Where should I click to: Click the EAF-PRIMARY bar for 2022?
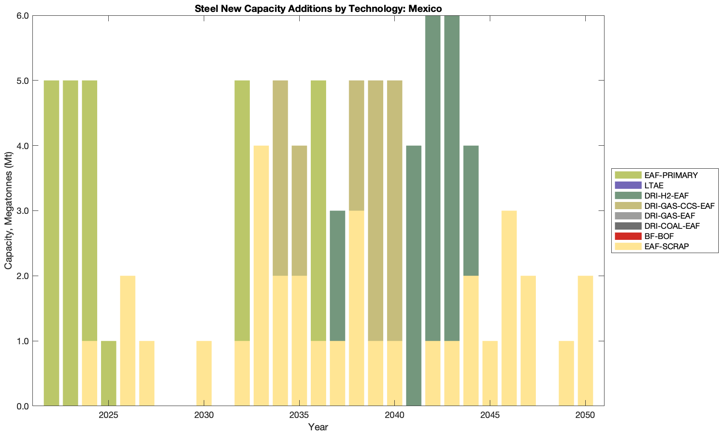tap(52, 243)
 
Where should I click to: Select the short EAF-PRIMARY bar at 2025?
tap(109, 373)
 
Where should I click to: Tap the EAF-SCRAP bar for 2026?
tap(128, 341)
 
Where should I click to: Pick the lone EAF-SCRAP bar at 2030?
tap(204, 373)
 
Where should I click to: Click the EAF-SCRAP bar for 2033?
tap(261, 276)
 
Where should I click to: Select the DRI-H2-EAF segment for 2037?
tap(338, 276)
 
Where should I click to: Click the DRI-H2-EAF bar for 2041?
tap(414, 276)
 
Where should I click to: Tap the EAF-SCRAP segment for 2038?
tap(357, 308)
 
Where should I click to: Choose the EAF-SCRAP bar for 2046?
tap(509, 308)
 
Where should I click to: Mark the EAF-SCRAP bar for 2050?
tap(585, 341)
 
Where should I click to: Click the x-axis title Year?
tap(318, 427)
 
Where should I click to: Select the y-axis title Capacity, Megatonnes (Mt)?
tap(9, 210)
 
